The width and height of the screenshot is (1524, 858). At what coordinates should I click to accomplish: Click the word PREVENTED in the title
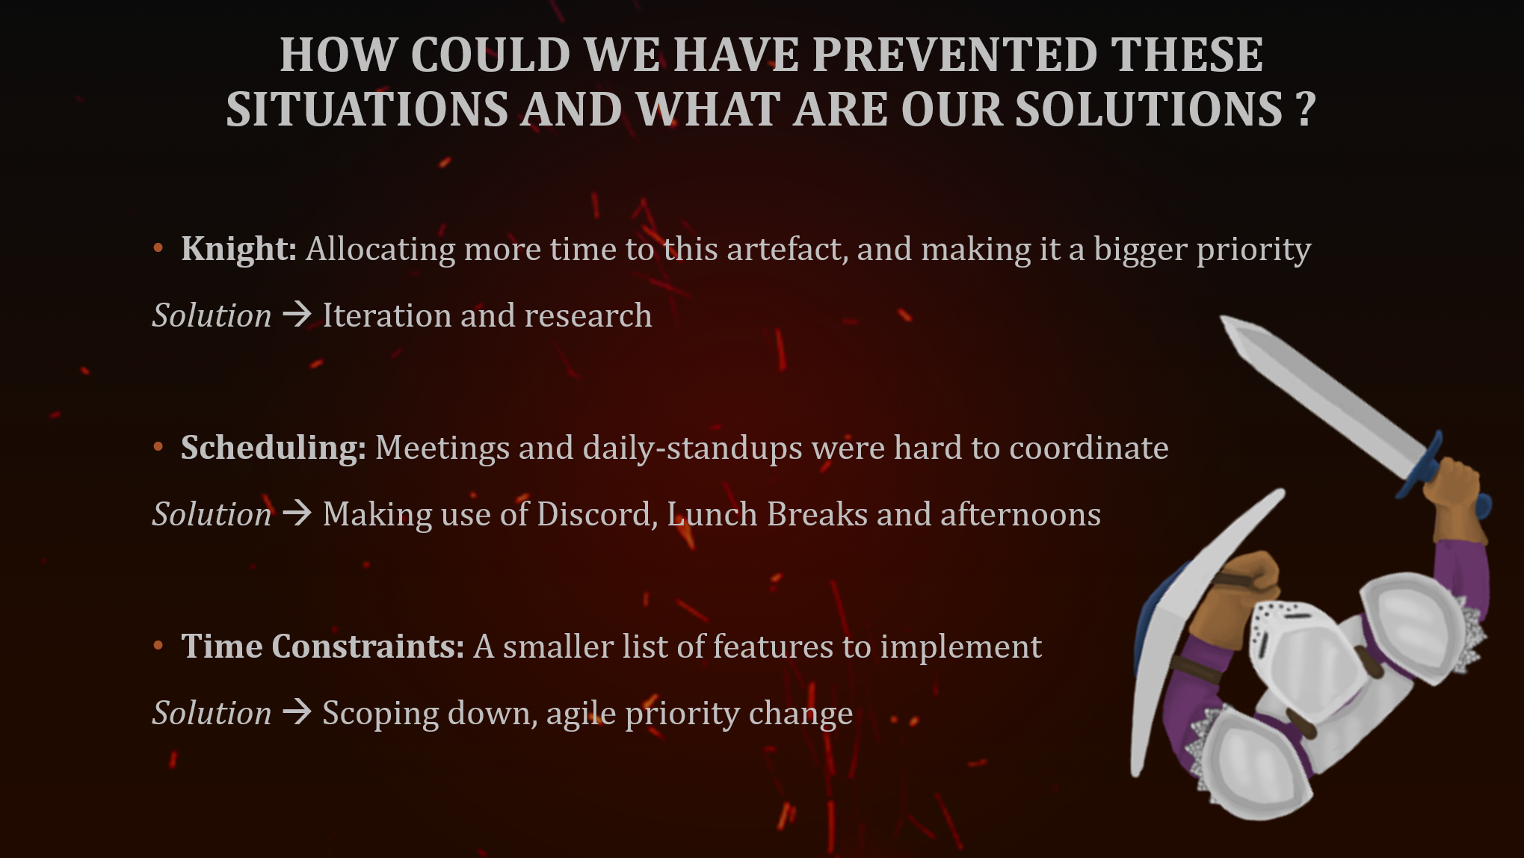[954, 55]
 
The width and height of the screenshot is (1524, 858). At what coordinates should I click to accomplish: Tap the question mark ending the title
[1305, 110]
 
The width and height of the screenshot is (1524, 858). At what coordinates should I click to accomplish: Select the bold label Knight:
[238, 249]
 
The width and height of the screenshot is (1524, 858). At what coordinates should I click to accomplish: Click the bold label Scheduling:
[273, 448]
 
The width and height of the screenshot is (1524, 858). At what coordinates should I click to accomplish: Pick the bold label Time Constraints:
[322, 646]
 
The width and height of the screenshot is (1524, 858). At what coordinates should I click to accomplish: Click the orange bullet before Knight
[158, 248]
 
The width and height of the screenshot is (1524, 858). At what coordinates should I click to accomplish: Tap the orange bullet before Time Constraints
[158, 646]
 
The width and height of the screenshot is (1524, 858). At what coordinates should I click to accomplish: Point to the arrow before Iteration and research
[297, 315]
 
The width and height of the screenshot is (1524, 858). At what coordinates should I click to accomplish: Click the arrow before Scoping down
[297, 712]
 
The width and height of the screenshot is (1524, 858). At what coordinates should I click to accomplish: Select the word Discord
[596, 514]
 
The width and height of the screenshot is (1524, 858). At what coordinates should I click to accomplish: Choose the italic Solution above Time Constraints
[212, 514]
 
